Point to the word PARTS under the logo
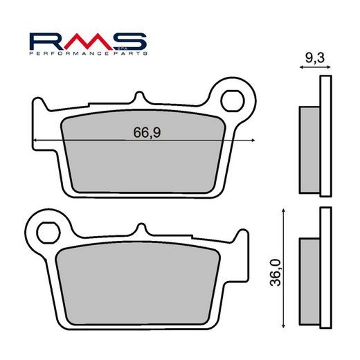pos(127,53)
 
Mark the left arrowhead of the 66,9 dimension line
pos(35,140)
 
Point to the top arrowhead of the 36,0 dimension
pos(284,210)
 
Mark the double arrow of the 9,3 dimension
pos(311,69)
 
